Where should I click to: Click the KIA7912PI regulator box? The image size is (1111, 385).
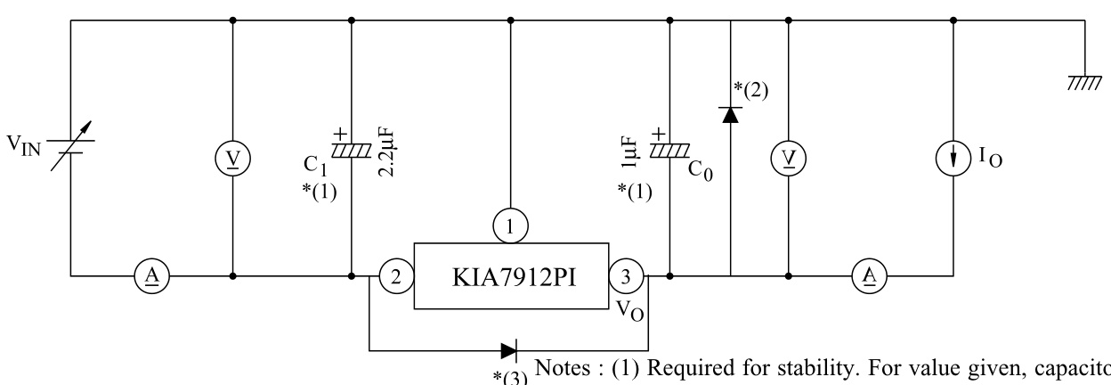(x=510, y=276)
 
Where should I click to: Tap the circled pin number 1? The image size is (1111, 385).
(x=510, y=226)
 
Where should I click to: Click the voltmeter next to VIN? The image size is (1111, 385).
(x=232, y=158)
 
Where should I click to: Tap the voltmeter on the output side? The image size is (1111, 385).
(x=788, y=158)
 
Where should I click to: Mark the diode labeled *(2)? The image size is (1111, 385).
(x=730, y=114)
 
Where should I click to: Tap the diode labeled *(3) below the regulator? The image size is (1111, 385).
(x=508, y=350)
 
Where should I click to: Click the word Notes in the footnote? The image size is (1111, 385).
(x=558, y=370)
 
